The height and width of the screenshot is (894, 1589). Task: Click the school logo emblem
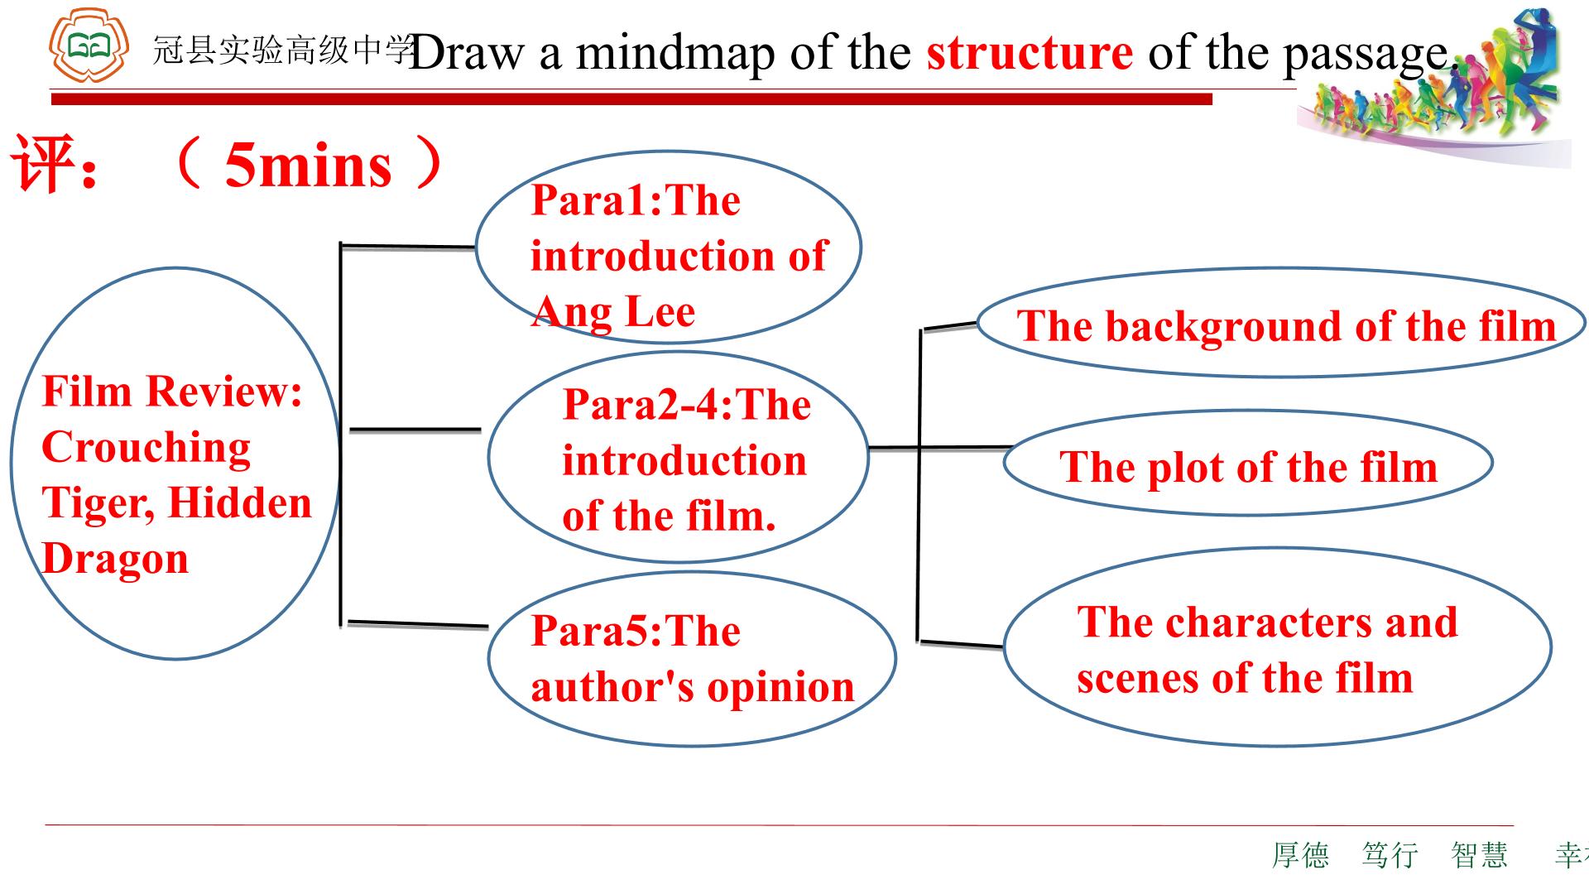pyautogui.click(x=89, y=44)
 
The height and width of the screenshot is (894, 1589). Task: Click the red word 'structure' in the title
pyautogui.click(x=1030, y=52)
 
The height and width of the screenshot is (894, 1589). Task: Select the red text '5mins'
pyautogui.click(x=308, y=166)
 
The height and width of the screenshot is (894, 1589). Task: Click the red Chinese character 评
pyautogui.click(x=44, y=163)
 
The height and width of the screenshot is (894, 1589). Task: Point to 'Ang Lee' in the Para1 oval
pyautogui.click(x=613, y=312)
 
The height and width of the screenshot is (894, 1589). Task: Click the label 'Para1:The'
pyautogui.click(x=636, y=200)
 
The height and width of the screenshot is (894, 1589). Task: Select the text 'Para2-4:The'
pyautogui.click(x=687, y=405)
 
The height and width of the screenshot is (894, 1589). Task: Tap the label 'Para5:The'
pyautogui.click(x=636, y=632)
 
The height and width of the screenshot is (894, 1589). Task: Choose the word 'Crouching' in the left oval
pyautogui.click(x=146, y=448)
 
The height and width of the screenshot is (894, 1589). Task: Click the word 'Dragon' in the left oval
pyautogui.click(x=115, y=560)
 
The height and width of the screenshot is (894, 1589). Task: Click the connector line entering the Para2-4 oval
pyautogui.click(x=415, y=430)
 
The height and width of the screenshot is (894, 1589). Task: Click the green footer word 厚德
pyautogui.click(x=1300, y=855)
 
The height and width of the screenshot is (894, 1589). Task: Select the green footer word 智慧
pyautogui.click(x=1480, y=855)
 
